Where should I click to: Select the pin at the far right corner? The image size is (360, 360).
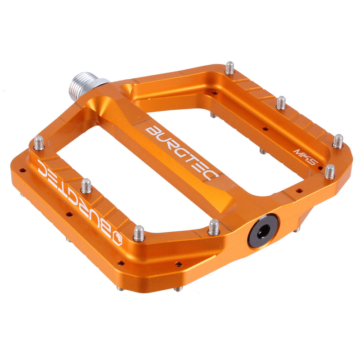338,141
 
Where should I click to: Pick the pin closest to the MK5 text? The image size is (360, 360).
330,171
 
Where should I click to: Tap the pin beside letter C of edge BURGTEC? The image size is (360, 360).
39,143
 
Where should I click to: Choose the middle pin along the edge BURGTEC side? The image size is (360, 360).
86,185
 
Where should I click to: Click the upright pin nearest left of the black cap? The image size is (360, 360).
214,227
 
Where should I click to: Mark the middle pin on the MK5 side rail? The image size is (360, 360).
281,103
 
